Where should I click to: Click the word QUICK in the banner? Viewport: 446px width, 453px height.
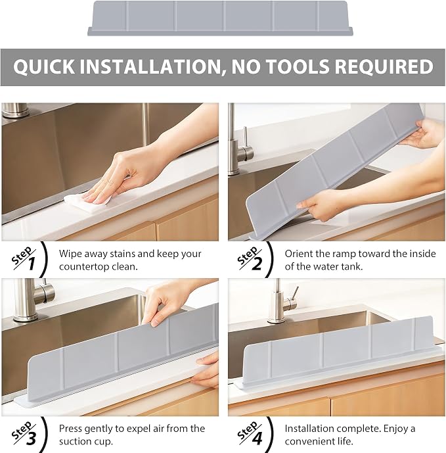click(43, 66)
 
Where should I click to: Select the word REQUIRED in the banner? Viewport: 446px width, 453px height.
click(384, 66)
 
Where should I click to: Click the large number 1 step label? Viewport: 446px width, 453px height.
click(31, 264)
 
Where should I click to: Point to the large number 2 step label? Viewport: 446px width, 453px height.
click(257, 264)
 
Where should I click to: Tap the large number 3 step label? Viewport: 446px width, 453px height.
click(31, 438)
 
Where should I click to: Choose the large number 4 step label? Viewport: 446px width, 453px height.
click(257, 438)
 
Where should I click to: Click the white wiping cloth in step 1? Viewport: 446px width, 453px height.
click(87, 203)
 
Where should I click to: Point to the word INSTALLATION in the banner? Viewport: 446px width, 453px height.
click(150, 67)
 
